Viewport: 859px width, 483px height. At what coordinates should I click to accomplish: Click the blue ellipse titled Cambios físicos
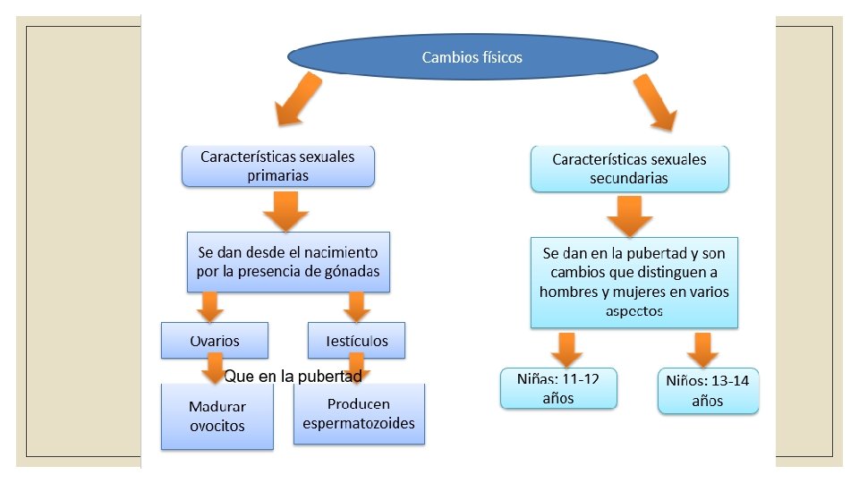[472, 57]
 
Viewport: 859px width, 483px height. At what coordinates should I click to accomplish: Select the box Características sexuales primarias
[277, 166]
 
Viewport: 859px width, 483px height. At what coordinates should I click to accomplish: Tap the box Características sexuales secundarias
[629, 168]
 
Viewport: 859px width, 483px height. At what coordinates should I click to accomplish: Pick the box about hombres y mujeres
[634, 282]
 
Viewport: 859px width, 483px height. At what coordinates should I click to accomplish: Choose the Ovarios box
[214, 341]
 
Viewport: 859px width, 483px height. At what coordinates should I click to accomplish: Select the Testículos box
[355, 341]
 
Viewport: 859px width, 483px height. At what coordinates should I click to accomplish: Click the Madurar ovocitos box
[217, 416]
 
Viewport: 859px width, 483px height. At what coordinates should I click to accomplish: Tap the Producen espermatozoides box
[358, 413]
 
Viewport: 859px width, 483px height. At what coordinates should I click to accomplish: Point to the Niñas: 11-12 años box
[558, 388]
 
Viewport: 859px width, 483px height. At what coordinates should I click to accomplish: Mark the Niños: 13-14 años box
[708, 391]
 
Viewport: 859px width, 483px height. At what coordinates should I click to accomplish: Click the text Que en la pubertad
[293, 377]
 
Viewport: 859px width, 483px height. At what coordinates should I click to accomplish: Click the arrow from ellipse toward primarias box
[297, 98]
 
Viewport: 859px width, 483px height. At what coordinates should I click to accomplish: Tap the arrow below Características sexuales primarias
[285, 210]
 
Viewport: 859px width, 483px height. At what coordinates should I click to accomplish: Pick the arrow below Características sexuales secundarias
[630, 215]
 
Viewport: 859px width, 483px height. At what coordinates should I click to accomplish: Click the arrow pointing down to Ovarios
[210, 307]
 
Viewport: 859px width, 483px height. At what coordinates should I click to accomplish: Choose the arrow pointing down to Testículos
[357, 307]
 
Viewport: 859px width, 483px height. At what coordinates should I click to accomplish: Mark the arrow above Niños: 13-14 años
[702, 349]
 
